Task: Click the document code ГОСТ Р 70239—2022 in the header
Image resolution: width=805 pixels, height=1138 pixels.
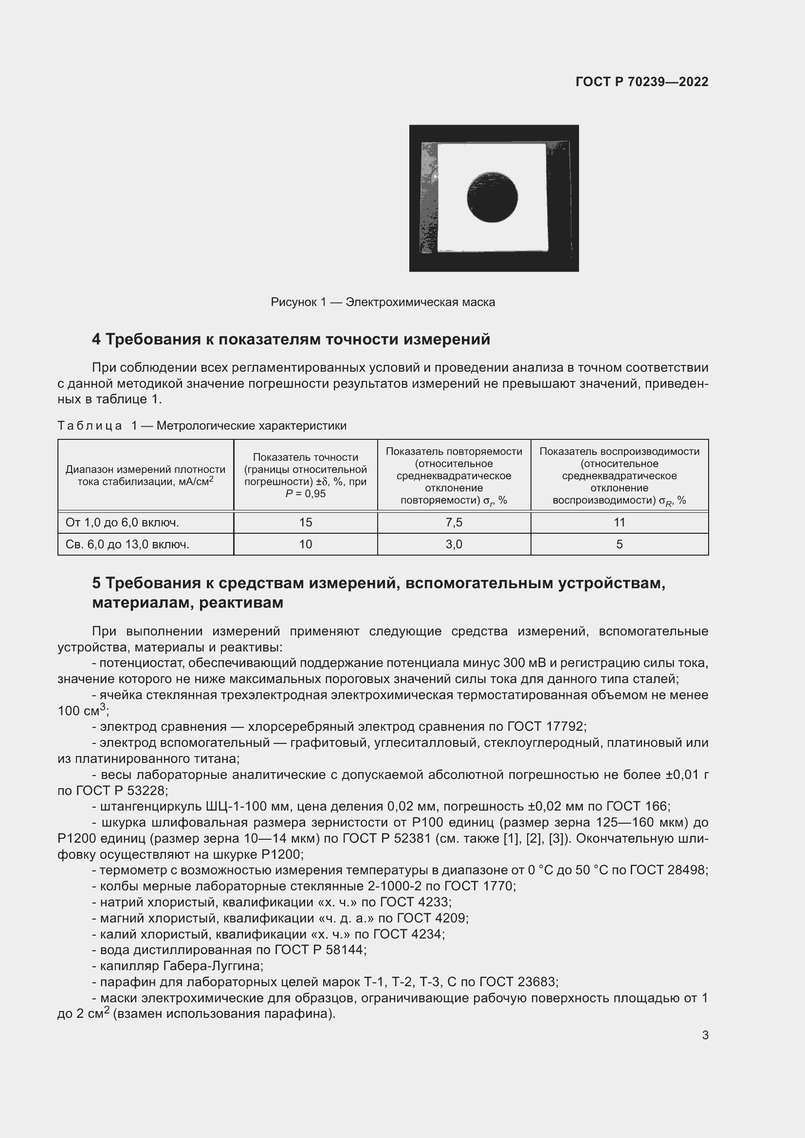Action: point(641,82)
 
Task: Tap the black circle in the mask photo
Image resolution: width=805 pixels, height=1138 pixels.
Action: point(492,197)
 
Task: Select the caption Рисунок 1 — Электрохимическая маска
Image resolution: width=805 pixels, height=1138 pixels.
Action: point(383,302)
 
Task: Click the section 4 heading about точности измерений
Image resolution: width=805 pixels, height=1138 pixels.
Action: point(291,340)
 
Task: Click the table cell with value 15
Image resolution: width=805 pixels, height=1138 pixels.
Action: point(305,523)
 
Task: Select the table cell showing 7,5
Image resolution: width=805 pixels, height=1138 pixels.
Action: point(454,523)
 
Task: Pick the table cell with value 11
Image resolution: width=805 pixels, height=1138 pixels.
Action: point(619,523)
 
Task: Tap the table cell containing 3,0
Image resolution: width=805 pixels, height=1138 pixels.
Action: point(454,544)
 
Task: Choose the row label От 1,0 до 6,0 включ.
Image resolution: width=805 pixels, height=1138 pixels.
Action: point(122,523)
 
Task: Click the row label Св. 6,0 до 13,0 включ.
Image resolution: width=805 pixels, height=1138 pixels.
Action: point(128,544)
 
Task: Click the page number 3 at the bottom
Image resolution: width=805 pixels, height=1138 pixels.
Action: point(705,1035)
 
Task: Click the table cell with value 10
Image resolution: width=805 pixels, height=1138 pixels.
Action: point(305,544)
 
